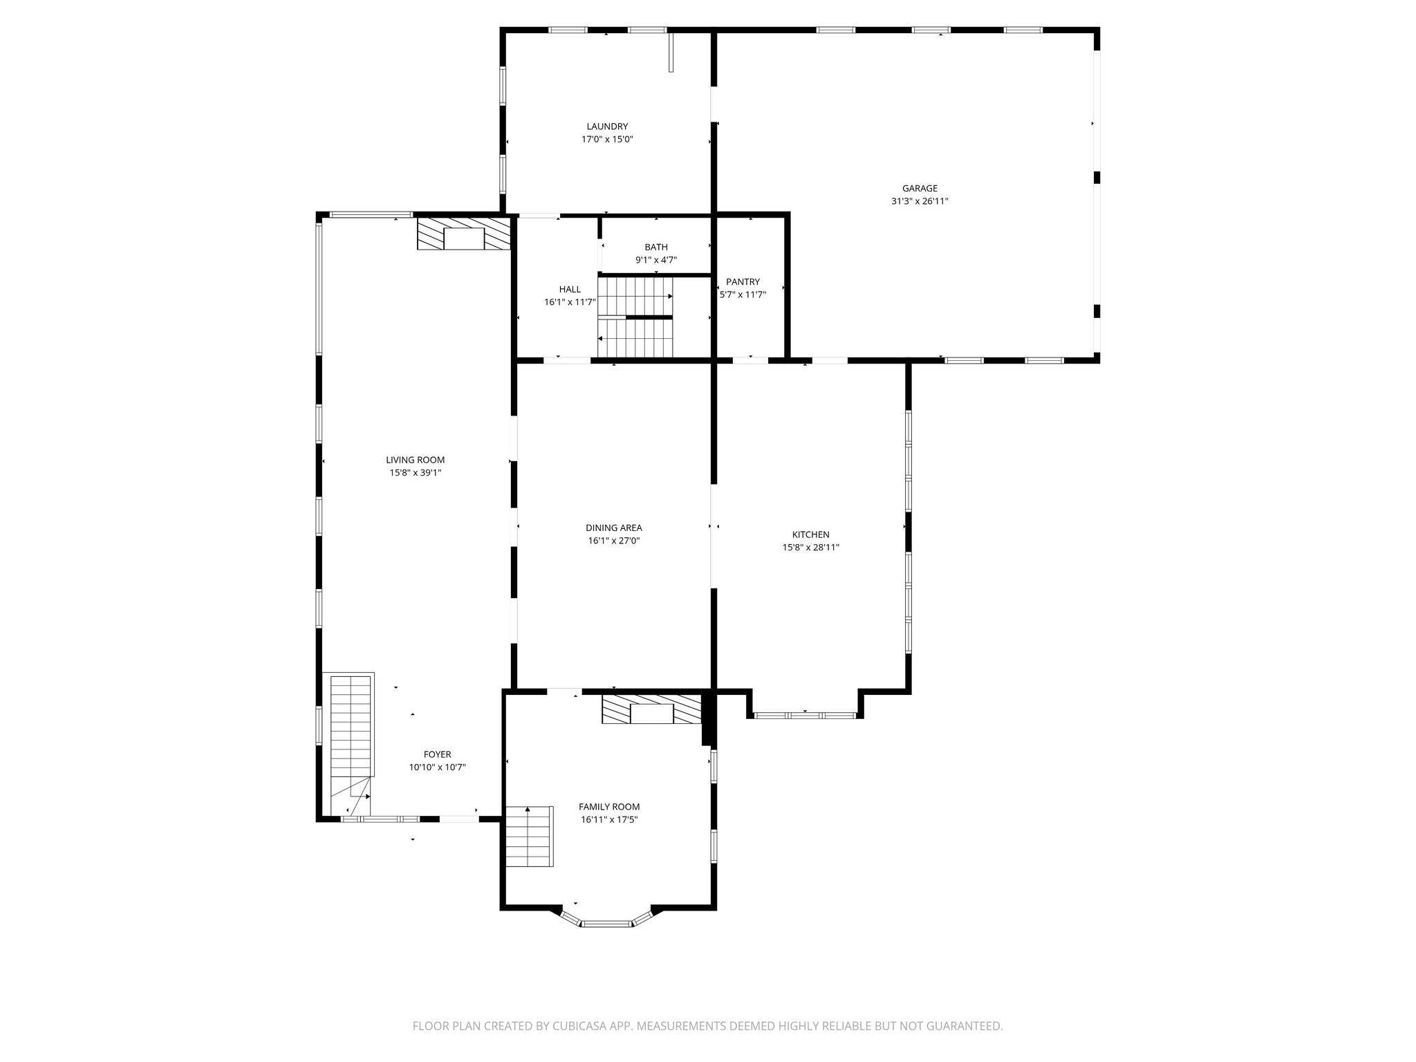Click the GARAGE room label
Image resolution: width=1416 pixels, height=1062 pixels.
click(920, 188)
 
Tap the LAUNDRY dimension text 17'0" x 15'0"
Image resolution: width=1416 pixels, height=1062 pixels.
click(607, 140)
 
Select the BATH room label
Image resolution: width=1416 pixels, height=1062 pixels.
click(656, 248)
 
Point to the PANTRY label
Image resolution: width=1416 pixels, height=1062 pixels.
click(743, 282)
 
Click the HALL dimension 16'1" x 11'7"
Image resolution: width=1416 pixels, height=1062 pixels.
click(570, 302)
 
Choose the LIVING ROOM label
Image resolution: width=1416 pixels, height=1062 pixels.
click(415, 460)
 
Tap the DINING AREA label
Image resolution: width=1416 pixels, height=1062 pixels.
click(613, 528)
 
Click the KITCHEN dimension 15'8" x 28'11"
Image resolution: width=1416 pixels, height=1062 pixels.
click(810, 548)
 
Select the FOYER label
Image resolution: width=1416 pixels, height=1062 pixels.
click(437, 755)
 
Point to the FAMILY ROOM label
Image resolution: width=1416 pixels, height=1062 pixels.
click(608, 807)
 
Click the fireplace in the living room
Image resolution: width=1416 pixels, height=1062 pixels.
click(464, 235)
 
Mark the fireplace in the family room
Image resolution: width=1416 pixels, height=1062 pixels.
click(651, 711)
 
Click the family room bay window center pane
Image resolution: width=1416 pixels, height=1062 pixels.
click(606, 923)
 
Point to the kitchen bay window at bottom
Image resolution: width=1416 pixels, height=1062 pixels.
click(805, 716)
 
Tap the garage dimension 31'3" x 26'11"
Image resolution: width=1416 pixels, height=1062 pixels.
click(920, 202)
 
